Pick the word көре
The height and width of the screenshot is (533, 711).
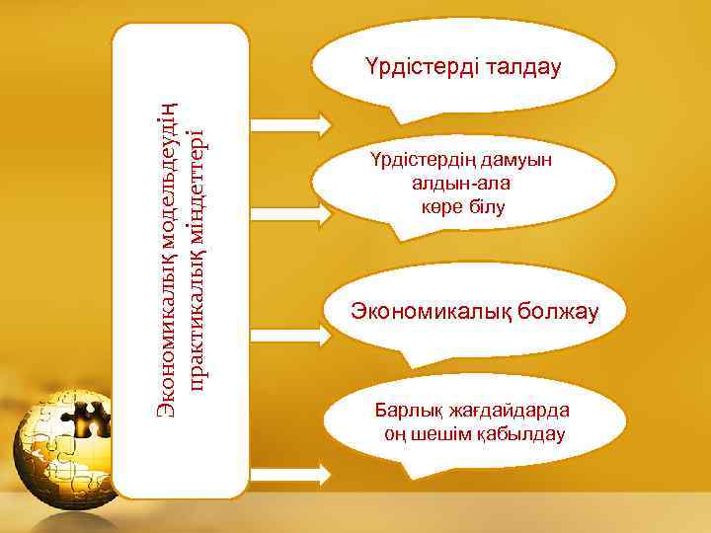(443, 206)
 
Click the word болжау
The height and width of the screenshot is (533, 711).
(554, 313)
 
